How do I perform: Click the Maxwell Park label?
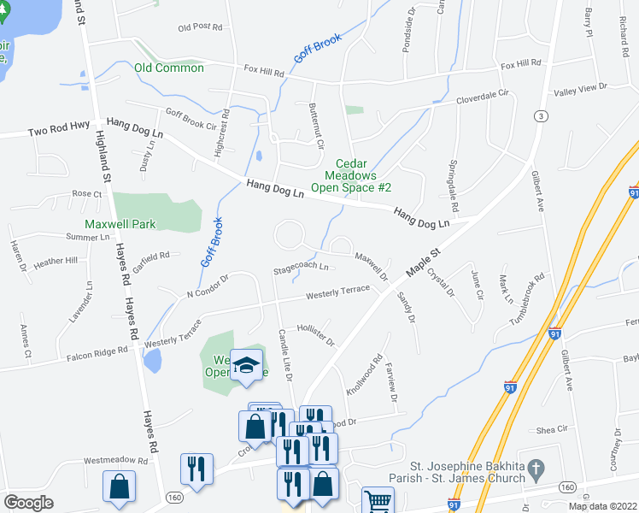pyautogui.click(x=120, y=224)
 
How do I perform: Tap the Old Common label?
pyautogui.click(x=168, y=68)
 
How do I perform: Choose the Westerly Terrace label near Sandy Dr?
pyautogui.click(x=338, y=292)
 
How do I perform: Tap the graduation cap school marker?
pyautogui.click(x=246, y=366)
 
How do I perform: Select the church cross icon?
pyautogui.click(x=536, y=469)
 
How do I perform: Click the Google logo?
pyautogui.click(x=28, y=503)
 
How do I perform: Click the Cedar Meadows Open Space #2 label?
pyautogui.click(x=350, y=175)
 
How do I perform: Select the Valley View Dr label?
pyautogui.click(x=580, y=87)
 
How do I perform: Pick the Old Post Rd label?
pyautogui.click(x=200, y=27)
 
